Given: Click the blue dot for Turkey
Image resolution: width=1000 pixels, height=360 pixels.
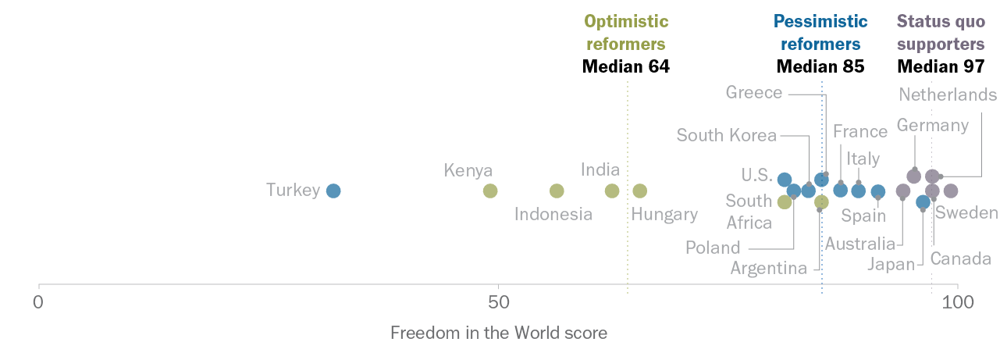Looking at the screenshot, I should click(333, 191).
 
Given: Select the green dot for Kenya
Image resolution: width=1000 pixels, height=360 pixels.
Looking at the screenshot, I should click(490, 191).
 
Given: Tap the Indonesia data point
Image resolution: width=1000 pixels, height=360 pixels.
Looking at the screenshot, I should click(557, 191).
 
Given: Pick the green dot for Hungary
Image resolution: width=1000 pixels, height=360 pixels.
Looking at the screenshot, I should click(640, 191).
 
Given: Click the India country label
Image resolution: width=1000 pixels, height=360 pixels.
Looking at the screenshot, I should click(600, 169).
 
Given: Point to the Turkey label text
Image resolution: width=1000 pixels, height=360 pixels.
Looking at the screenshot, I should click(293, 191).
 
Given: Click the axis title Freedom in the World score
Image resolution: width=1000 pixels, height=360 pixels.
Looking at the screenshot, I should click(498, 333).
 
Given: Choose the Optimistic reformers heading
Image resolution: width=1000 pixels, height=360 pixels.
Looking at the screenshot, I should click(626, 32).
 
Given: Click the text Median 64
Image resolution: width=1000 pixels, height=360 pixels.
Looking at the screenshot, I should click(626, 66).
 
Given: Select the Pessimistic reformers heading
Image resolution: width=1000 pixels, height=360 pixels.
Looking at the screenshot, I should click(820, 32).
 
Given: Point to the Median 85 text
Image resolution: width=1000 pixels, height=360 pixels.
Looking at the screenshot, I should click(820, 66).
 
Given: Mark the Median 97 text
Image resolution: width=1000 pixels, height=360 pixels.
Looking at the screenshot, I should click(941, 66).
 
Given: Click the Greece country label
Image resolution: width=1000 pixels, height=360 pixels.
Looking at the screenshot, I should click(753, 93).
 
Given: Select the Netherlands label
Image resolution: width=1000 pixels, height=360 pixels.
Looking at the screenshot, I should click(948, 94).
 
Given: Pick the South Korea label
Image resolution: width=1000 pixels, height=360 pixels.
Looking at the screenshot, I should click(727, 135).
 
